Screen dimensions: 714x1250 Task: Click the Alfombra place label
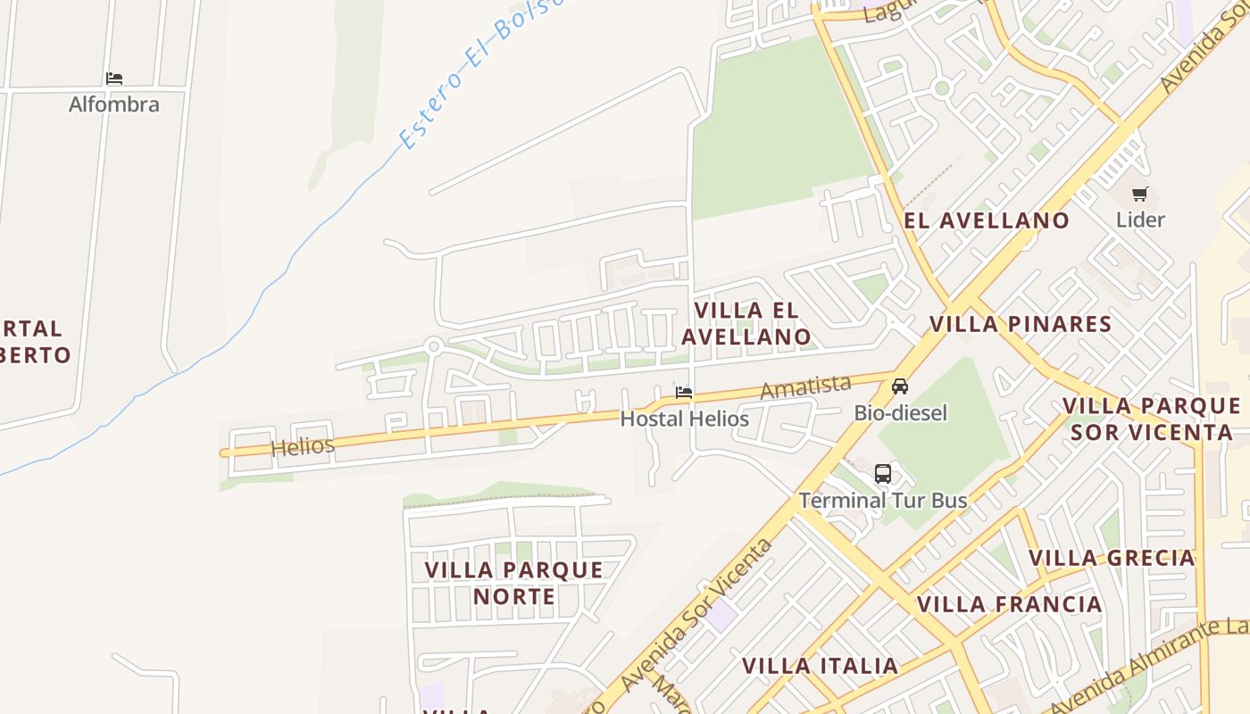[x=114, y=104]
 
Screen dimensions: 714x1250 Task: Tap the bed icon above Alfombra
[x=114, y=79]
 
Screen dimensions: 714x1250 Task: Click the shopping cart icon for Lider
[x=1140, y=194]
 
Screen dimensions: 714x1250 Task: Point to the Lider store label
[x=1140, y=220]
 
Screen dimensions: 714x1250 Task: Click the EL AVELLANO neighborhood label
[x=987, y=221]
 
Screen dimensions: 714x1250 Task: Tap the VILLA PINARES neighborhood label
[x=1021, y=324]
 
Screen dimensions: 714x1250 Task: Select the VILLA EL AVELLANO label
[x=746, y=323]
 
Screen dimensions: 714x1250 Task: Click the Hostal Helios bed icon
[x=684, y=392]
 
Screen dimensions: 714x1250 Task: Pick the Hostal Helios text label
[x=684, y=419]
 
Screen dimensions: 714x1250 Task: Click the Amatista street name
[x=804, y=386]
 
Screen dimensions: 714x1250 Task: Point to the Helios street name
[x=303, y=446]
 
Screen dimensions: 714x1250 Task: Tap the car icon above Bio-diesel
[x=900, y=386]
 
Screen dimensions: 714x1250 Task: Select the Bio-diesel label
[x=900, y=413]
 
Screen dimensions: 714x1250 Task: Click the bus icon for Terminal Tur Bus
[x=883, y=474]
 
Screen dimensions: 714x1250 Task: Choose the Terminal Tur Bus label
[x=883, y=500]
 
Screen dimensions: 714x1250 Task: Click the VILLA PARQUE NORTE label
[x=514, y=583]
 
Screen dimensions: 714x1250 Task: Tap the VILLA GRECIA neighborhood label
[x=1112, y=559]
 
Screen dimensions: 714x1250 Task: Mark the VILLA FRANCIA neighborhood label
[x=1010, y=604]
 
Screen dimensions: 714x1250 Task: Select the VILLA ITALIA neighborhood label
[x=820, y=666]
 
